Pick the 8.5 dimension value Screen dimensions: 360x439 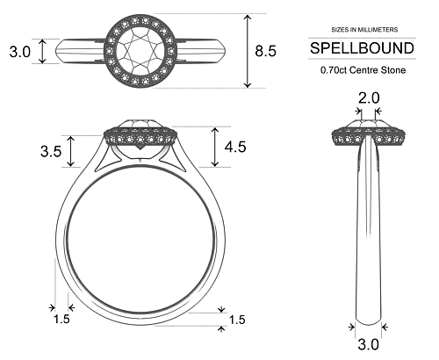(x=265, y=51)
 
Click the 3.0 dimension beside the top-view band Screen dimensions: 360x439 (x=19, y=52)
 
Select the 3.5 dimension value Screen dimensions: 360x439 (x=51, y=151)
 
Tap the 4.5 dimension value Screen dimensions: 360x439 (x=235, y=147)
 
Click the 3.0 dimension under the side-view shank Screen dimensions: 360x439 (x=368, y=344)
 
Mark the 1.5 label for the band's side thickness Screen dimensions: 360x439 (x=61, y=319)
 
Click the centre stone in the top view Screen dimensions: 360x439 (x=141, y=50)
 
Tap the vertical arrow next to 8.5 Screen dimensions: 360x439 (x=249, y=51)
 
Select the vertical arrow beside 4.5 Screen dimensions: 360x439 (x=214, y=147)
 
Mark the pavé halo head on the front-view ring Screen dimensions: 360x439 (x=141, y=136)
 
